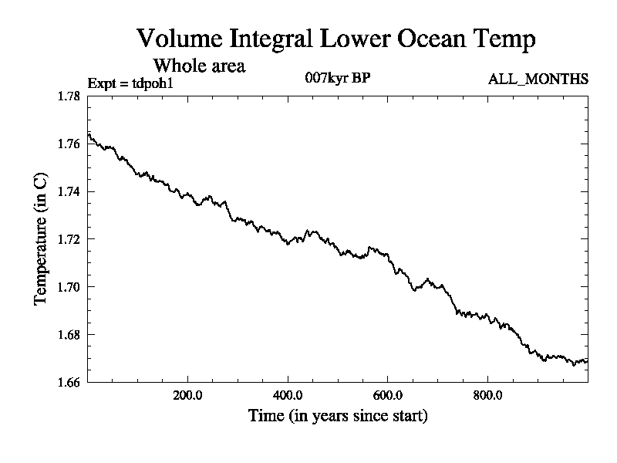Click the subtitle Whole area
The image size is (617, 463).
click(199, 66)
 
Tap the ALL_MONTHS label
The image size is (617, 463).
click(538, 79)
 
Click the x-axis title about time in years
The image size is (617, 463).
click(338, 416)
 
